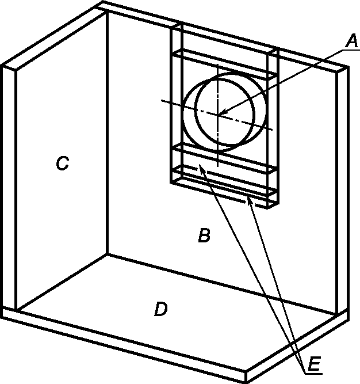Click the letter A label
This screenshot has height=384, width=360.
pyautogui.click(x=352, y=41)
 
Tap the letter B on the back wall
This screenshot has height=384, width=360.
pyautogui.click(x=204, y=235)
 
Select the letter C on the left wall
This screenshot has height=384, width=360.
pyautogui.click(x=62, y=163)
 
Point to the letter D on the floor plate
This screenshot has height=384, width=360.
pyautogui.click(x=161, y=309)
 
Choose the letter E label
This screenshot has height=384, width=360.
pyautogui.click(x=314, y=364)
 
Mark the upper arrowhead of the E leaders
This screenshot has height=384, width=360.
pyautogui.click(x=202, y=169)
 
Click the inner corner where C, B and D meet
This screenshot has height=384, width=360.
pyautogui.click(x=107, y=254)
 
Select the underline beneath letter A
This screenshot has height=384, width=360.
pyautogui.click(x=351, y=50)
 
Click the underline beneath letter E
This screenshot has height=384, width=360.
pyautogui.click(x=314, y=374)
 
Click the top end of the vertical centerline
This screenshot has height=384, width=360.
pyautogui.click(x=217, y=64)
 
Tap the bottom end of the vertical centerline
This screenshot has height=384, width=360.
pyautogui.click(x=217, y=166)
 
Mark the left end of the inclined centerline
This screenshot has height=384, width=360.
pyautogui.click(x=162, y=100)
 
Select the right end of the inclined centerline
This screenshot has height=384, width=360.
pyautogui.click(x=272, y=130)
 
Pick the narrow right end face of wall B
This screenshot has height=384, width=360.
pyautogui.click(x=343, y=191)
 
